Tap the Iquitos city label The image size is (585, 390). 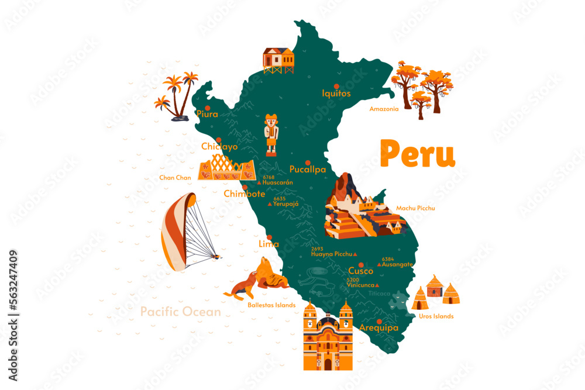tap(336, 93)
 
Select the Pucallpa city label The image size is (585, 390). tap(308, 170)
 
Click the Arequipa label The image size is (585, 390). tap(379, 328)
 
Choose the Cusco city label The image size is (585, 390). tap(360, 271)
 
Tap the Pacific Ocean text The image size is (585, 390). tap(181, 312)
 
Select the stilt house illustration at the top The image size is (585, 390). tap(278, 60)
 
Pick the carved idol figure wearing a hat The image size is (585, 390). tap(271, 134)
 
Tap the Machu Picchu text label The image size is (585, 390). tap(415, 208)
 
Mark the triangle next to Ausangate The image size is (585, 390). tap(379, 265)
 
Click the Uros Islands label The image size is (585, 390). tap(436, 316)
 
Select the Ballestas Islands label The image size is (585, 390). tap(271, 305)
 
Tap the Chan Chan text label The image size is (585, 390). tap(175, 177)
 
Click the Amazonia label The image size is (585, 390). tap(384, 109)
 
